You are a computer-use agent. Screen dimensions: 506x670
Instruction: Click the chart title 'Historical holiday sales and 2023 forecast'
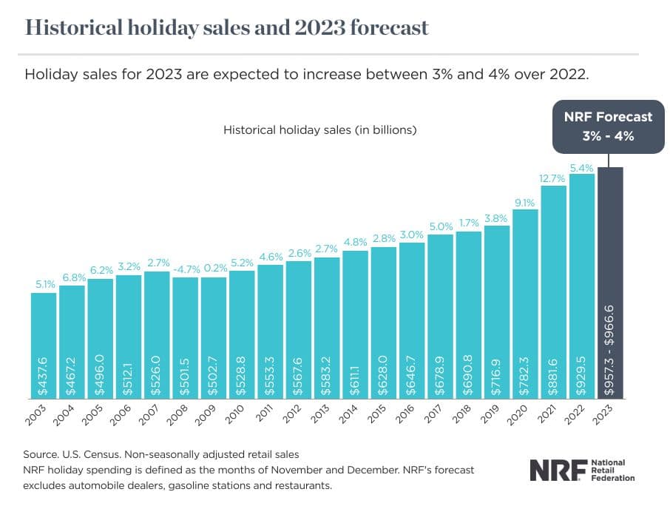[226, 27]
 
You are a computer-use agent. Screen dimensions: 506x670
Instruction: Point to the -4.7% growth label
[185, 269]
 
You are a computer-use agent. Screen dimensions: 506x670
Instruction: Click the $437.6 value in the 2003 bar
[44, 374]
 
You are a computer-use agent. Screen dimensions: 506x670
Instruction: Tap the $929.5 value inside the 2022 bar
[582, 374]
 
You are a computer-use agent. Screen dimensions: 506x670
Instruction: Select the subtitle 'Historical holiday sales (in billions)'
[320, 130]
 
